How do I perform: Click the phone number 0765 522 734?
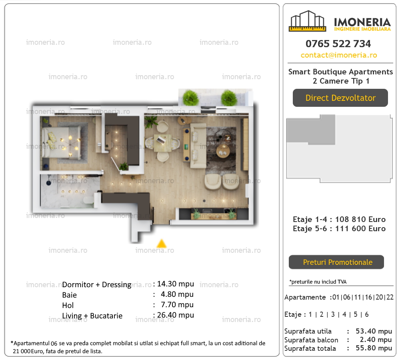point(338,44)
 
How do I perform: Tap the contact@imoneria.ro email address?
point(338,55)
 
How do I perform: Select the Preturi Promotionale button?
point(336,262)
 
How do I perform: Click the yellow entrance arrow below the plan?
point(162,244)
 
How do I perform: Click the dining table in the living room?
point(162,143)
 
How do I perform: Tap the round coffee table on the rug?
point(223,152)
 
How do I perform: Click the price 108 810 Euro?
point(360,220)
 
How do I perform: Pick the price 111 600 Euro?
point(360,229)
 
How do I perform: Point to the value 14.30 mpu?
point(176,284)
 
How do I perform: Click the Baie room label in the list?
point(69,295)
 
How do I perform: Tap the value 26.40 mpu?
point(176,315)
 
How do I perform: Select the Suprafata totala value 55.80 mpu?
point(374,348)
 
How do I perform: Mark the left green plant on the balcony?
point(190,98)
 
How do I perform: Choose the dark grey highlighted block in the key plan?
point(311,130)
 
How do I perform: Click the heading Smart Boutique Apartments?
point(340,72)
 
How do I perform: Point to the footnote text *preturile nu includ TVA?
point(318,282)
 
